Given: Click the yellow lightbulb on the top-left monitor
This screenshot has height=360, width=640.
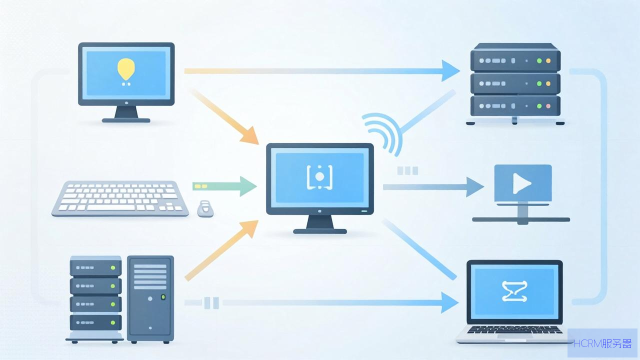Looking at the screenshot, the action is click(126, 69).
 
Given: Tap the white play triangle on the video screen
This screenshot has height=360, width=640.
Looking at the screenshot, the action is click(521, 183).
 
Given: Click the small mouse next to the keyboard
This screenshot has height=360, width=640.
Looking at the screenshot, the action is click(205, 208).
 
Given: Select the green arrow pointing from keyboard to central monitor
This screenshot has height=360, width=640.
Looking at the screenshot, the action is click(224, 186).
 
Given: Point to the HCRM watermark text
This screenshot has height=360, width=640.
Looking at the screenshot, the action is click(602, 343).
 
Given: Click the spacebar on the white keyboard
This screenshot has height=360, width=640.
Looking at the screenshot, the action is click(110, 207).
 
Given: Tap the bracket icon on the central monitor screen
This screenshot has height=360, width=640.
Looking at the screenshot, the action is click(319, 177).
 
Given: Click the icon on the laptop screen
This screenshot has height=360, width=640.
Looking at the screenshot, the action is click(514, 291).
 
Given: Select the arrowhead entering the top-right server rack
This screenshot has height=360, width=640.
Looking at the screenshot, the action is click(450, 70).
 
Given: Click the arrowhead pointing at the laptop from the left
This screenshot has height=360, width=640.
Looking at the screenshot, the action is click(449, 302).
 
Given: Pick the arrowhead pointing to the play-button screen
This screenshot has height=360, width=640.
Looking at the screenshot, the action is click(475, 187).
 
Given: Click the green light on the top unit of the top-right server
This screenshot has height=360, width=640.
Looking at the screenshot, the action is click(539, 60).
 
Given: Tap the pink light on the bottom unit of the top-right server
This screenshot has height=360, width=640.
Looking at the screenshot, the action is click(548, 106).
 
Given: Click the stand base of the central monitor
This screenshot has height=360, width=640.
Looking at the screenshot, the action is click(320, 231).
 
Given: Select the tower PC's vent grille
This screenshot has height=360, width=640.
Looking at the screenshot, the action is click(150, 276).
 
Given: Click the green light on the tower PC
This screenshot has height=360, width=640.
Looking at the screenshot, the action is click(163, 297).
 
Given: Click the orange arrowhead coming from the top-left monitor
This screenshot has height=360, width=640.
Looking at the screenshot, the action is click(249, 135).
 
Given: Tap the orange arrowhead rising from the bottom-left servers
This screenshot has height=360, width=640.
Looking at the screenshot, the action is click(249, 228).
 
